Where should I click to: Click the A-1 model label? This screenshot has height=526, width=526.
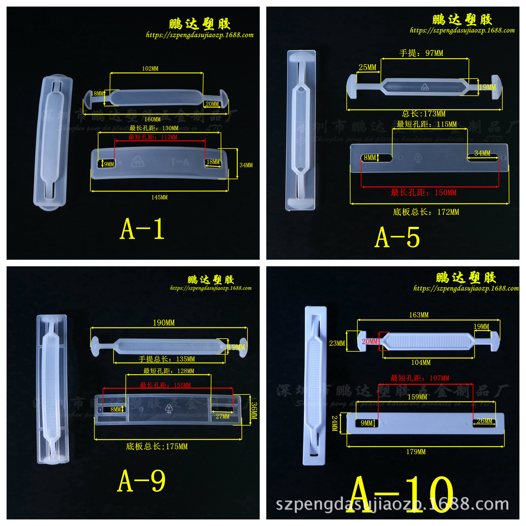click(x=142, y=229)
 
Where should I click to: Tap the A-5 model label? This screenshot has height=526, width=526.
click(x=397, y=237)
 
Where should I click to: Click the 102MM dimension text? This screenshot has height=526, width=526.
click(x=150, y=68)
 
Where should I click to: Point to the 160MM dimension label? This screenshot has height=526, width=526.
click(x=152, y=119)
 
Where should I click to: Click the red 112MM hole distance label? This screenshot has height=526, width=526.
click(x=153, y=137)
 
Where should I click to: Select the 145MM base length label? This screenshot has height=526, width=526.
click(x=159, y=197)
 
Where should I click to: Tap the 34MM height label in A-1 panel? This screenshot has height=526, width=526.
click(x=246, y=165)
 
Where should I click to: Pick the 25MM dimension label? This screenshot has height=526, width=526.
click(x=367, y=67)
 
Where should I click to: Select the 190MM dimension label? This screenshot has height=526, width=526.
click(x=164, y=322)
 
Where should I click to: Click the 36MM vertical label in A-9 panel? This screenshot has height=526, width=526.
click(x=254, y=411)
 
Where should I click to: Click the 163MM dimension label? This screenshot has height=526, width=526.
click(x=419, y=315)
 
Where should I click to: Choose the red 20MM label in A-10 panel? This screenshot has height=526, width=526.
click(x=369, y=342)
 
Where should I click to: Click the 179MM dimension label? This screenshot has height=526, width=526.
click(x=416, y=452)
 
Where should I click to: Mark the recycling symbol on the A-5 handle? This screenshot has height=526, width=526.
click(x=424, y=87)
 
